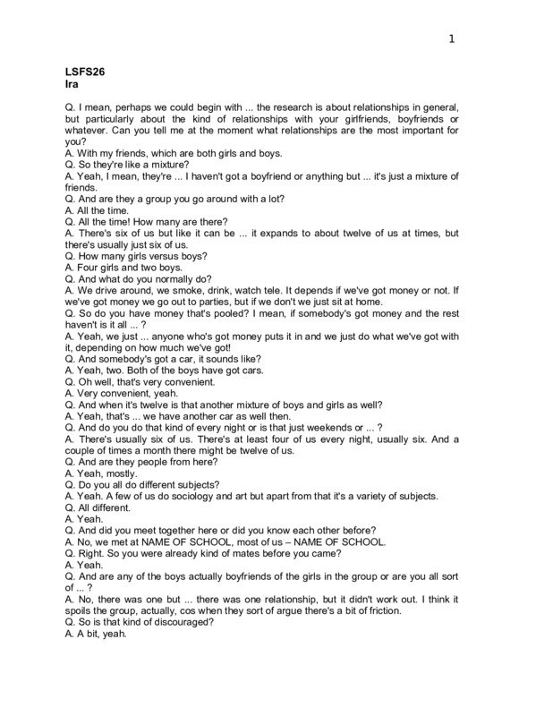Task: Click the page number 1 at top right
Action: click(452, 38)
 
